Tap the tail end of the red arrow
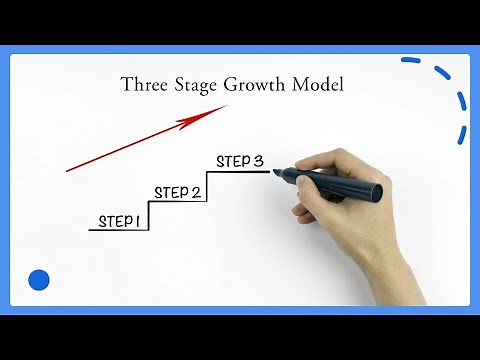point(68,170)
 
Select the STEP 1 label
point(118,221)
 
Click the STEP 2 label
point(177,192)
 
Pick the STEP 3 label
point(240,160)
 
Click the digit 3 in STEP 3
point(258,160)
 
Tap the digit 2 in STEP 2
point(195,192)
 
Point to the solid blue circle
point(39,280)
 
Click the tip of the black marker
point(274,172)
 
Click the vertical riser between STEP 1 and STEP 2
point(149,215)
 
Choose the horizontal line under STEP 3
point(240,171)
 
